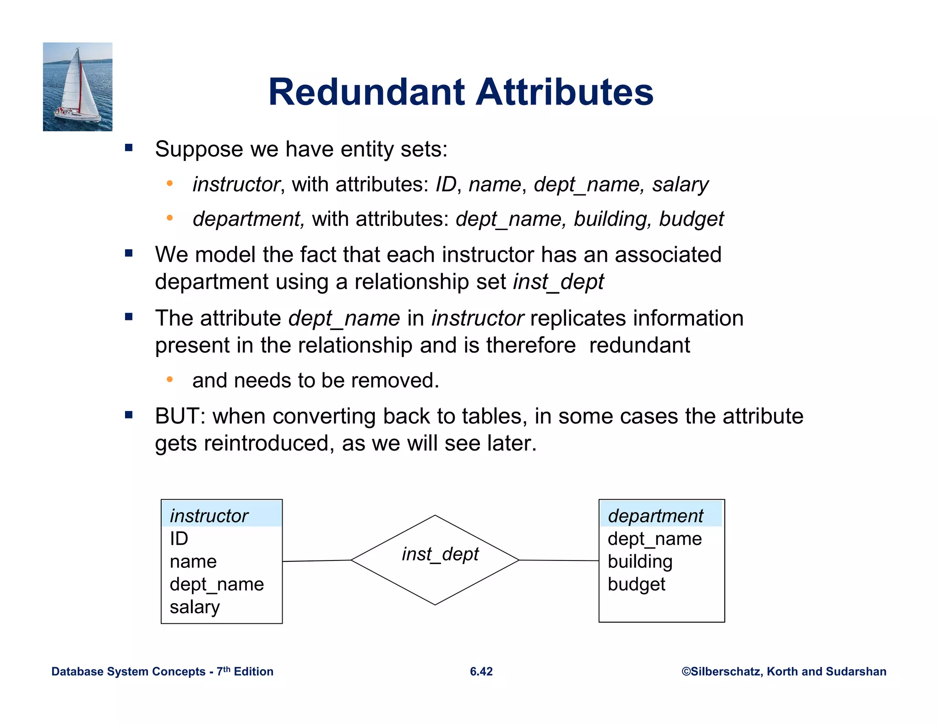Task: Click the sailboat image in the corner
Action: point(77,87)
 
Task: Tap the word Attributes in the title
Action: point(564,92)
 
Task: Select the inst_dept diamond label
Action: point(440,554)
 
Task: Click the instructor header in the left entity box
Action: point(209,516)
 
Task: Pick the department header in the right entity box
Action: point(655,516)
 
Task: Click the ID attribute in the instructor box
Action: point(179,538)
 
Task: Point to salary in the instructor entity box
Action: point(195,607)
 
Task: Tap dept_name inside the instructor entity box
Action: point(217,584)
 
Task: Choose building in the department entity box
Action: point(640,561)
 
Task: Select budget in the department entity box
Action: point(636,584)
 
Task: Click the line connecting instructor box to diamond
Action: point(316,560)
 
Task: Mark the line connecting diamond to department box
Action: point(559,560)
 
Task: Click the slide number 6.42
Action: point(481,671)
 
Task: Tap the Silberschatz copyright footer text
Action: point(784,671)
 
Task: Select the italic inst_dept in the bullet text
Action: point(558,281)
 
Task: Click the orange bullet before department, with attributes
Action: point(169,218)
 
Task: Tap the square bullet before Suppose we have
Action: point(129,148)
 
